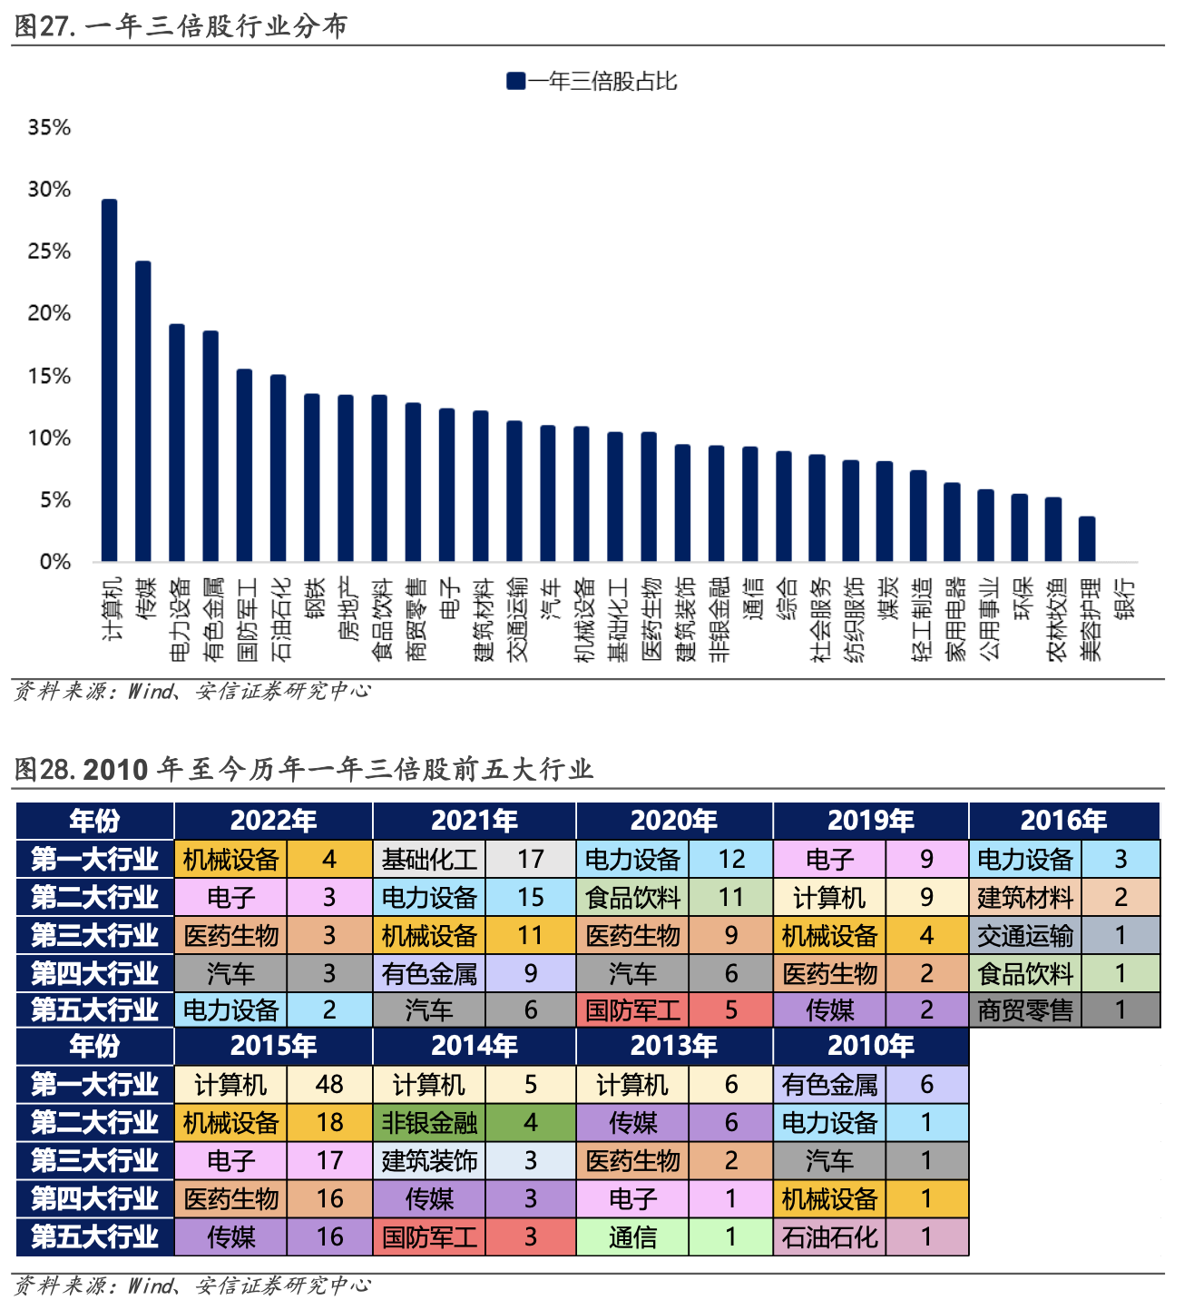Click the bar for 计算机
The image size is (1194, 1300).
[109, 380]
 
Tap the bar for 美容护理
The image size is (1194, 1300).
[1087, 539]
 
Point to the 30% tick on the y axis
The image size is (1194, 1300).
[49, 190]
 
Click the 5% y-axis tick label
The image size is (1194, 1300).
[54, 500]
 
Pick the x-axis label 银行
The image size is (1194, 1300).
[1125, 599]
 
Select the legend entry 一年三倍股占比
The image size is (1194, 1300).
[592, 82]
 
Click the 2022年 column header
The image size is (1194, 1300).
[273, 821]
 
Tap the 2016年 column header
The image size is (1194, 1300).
[1063, 821]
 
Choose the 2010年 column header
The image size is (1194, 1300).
[870, 1046]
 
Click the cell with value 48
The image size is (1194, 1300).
[329, 1085]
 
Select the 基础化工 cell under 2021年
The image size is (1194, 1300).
[429, 859]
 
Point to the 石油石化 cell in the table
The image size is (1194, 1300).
[829, 1237]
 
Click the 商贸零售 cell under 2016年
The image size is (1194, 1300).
[1025, 1010]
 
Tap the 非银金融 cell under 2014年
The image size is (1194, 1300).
[429, 1123]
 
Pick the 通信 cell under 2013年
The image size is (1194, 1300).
[632, 1237]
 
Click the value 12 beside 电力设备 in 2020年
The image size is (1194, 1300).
[731, 859]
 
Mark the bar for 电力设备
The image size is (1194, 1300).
[177, 443]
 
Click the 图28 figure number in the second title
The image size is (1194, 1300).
[44, 770]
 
